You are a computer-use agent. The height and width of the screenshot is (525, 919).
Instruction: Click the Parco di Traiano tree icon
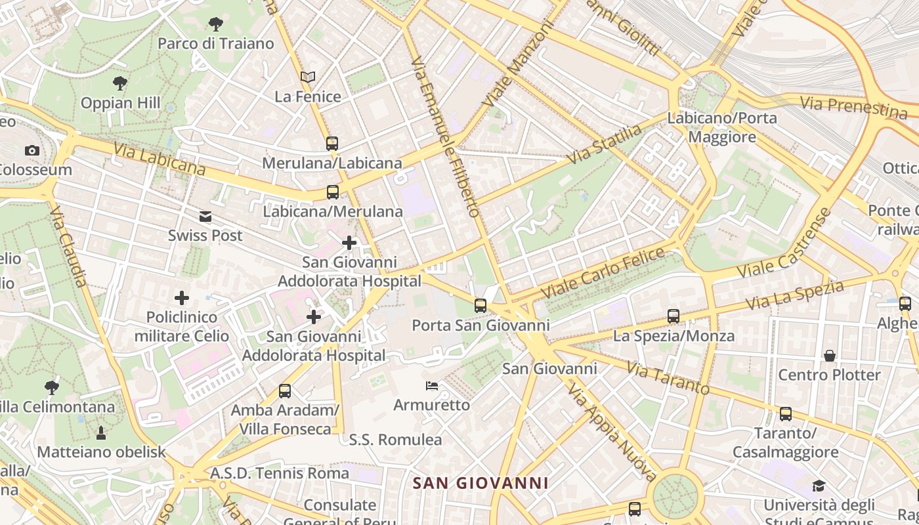click(215, 25)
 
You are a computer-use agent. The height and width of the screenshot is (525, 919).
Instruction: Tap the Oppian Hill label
click(120, 103)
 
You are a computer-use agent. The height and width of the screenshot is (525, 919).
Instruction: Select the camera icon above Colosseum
click(32, 151)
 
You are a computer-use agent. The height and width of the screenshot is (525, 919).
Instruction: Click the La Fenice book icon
click(308, 77)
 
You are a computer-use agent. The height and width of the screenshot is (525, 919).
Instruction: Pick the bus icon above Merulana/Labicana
click(332, 143)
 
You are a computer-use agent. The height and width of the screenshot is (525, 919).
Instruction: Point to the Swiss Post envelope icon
click(205, 217)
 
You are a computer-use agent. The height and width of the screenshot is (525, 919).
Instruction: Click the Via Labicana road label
click(160, 159)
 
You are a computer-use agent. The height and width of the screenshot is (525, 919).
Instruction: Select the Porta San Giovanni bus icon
click(481, 306)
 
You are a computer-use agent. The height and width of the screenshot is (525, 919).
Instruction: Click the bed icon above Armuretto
click(432, 386)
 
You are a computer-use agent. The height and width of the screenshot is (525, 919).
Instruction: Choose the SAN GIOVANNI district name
click(481, 484)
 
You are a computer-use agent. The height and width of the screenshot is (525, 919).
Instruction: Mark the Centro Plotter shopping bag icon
click(830, 356)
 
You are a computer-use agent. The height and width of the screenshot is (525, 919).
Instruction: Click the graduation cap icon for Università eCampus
click(819, 486)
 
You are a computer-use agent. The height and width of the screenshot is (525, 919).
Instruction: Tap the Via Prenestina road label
click(853, 107)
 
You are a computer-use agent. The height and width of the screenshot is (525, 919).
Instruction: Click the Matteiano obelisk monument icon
click(101, 432)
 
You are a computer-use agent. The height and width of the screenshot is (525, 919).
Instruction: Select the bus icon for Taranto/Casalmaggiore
click(786, 414)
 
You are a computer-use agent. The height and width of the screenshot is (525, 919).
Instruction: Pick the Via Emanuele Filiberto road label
click(446, 136)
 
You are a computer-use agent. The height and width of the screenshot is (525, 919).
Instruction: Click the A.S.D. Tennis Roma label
click(280, 473)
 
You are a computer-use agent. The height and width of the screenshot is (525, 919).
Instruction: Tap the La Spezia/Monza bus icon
click(673, 316)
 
